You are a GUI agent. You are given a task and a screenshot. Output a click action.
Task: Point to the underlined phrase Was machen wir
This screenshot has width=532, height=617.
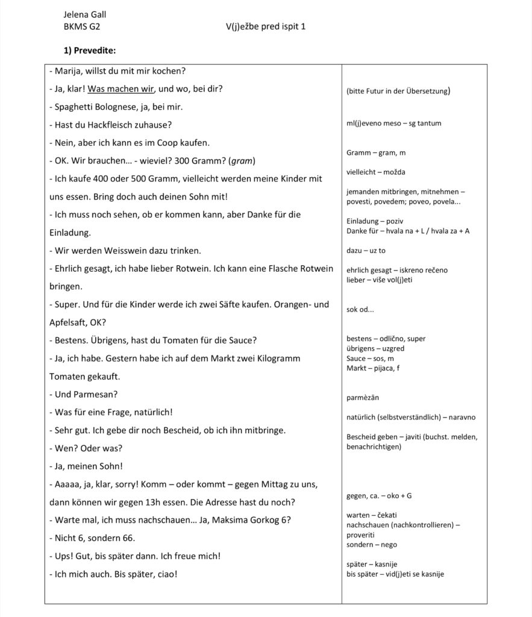pos(122,89)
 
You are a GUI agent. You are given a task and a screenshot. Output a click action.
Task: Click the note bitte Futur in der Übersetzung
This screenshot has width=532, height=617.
pos(399,92)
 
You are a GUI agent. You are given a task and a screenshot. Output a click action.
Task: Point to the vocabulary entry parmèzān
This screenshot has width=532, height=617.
pos(363,398)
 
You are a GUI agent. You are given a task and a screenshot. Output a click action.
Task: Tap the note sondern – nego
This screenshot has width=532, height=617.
pos(372,545)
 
